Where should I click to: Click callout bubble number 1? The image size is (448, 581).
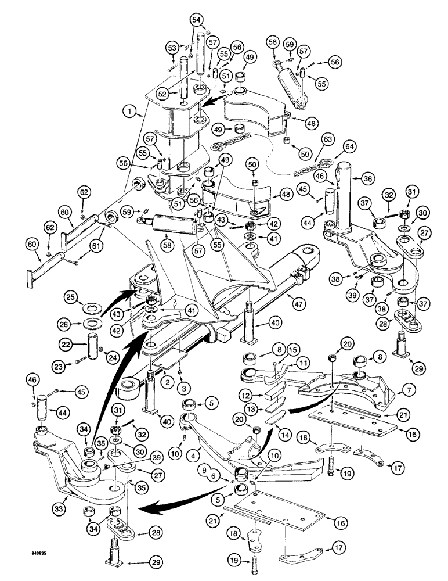coord(132,109)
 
